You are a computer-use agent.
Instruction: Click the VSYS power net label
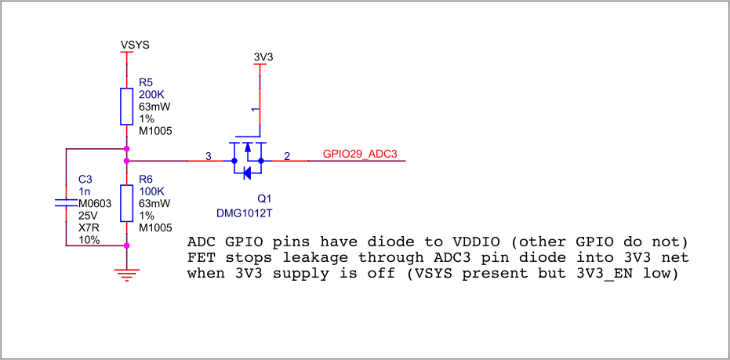tap(135, 45)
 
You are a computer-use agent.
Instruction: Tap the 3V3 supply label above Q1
tap(263, 56)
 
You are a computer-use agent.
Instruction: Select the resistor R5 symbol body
tap(127, 106)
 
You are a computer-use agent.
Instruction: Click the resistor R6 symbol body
tap(127, 203)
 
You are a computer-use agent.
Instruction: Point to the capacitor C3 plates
tap(66, 202)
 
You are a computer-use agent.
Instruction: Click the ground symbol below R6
tap(127, 274)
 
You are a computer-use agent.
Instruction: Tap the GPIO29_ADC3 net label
tap(360, 155)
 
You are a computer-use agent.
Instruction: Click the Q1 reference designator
tap(264, 199)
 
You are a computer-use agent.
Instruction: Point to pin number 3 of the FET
tap(208, 157)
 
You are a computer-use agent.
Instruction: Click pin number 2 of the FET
tap(287, 157)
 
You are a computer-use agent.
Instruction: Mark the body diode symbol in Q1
tap(247, 173)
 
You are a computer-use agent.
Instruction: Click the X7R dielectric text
tap(89, 227)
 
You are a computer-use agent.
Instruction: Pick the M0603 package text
tap(95, 203)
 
